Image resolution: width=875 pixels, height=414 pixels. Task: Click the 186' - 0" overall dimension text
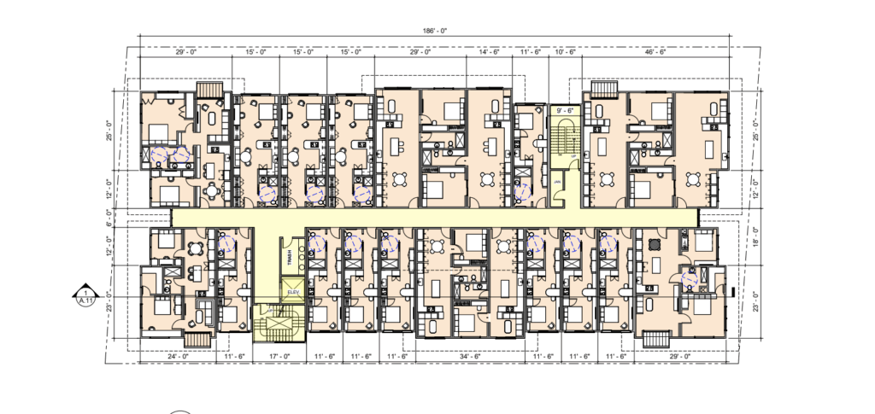coord(434,31)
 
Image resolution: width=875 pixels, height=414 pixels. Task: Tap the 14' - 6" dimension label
coord(489,53)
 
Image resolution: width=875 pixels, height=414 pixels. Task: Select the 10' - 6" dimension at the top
coord(566,53)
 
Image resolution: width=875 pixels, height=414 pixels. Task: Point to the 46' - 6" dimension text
coord(656,53)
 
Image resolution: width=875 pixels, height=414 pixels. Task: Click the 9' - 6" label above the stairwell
coord(564,109)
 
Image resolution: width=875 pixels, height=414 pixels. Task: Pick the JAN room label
coord(556,181)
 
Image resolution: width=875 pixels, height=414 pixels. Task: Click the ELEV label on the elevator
coord(293,292)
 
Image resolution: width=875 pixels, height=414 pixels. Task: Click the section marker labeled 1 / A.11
coord(85,294)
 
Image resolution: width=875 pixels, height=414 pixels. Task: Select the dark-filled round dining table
coord(655,243)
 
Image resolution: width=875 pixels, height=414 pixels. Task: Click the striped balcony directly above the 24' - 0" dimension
coord(197,338)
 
